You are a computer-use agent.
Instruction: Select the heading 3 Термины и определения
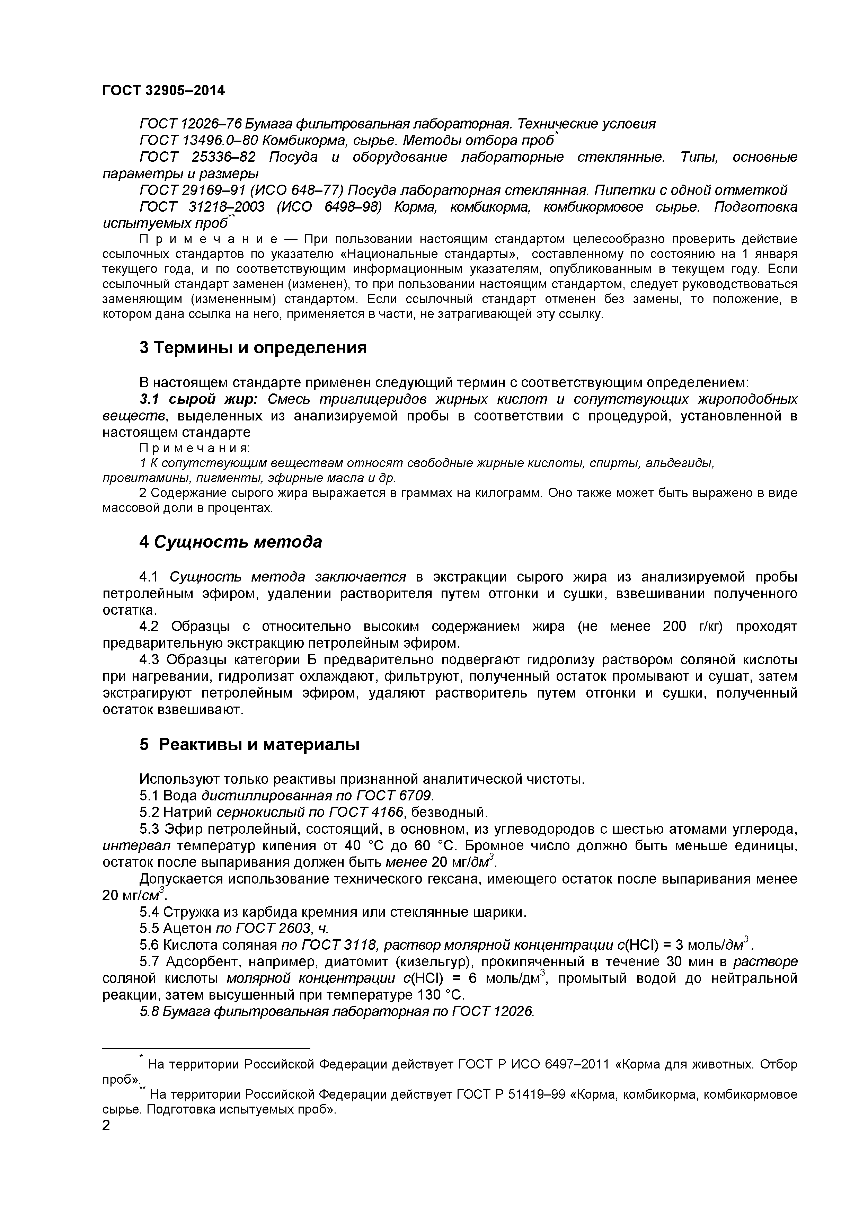coord(253,348)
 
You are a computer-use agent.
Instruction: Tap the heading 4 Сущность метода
coord(231,542)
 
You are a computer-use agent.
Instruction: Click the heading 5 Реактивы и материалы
coord(249,745)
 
